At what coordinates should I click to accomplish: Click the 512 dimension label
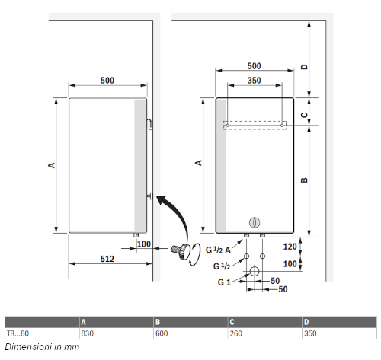pyautogui.click(x=107, y=259)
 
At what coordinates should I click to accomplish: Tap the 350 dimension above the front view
pyautogui.click(x=254, y=81)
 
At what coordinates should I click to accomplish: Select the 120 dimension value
pyautogui.click(x=290, y=247)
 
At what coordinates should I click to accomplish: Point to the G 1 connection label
pyautogui.click(x=224, y=282)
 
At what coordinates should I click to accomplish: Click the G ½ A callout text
pyautogui.click(x=218, y=250)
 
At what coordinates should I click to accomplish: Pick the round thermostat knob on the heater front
pyautogui.click(x=255, y=222)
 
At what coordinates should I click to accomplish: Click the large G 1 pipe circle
pyautogui.click(x=255, y=271)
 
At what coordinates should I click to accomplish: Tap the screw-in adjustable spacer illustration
pyautogui.click(x=181, y=251)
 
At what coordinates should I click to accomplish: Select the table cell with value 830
pyautogui.click(x=88, y=333)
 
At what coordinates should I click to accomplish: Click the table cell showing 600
pyautogui.click(x=162, y=333)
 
